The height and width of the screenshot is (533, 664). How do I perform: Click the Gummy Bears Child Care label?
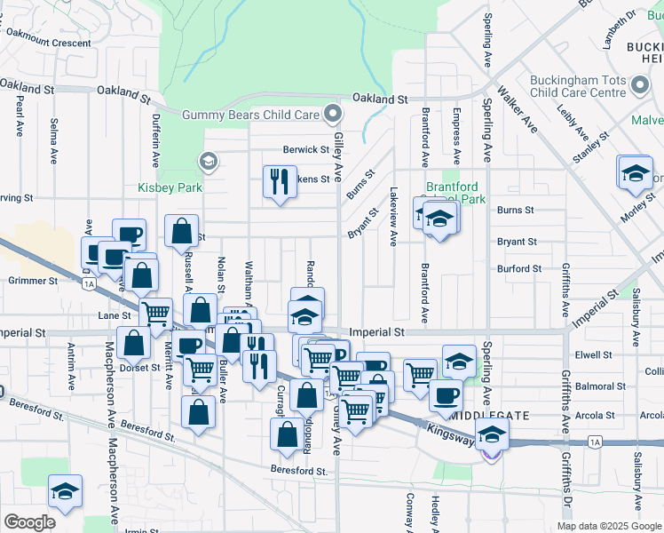tap(250, 115)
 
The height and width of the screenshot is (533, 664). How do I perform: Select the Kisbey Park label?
tap(170, 187)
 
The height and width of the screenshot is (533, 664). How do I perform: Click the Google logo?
tap(29, 522)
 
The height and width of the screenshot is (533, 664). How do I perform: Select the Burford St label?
tap(519, 268)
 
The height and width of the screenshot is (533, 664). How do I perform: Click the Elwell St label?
tap(595, 354)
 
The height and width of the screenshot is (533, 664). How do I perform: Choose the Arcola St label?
tap(596, 415)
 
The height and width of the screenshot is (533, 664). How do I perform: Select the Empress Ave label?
tap(456, 135)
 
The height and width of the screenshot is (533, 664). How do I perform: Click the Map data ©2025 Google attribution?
tap(608, 526)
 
